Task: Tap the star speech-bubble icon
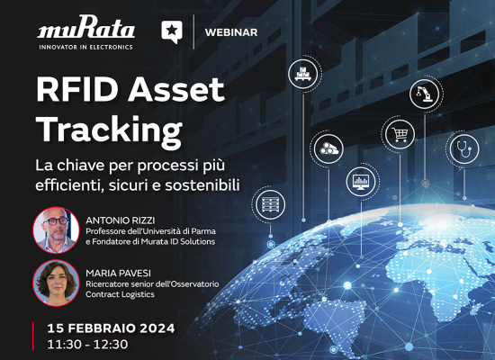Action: click(172, 31)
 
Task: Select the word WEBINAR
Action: click(231, 32)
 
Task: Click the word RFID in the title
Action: click(77, 90)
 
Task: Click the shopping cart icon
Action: click(400, 134)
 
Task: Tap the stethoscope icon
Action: click(463, 149)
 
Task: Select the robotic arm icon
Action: click(425, 94)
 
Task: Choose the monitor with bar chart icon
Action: click(361, 182)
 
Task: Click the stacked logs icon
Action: click(328, 148)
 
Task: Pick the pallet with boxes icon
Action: click(303, 74)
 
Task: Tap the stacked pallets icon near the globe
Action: click(270, 204)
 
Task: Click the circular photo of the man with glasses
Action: click(56, 229)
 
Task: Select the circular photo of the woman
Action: click(56, 283)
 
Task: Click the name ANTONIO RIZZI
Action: click(121, 220)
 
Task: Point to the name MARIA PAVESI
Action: click(119, 274)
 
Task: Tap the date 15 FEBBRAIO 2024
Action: click(111, 328)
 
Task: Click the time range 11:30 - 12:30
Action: click(87, 344)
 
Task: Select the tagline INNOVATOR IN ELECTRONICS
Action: click(85, 47)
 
